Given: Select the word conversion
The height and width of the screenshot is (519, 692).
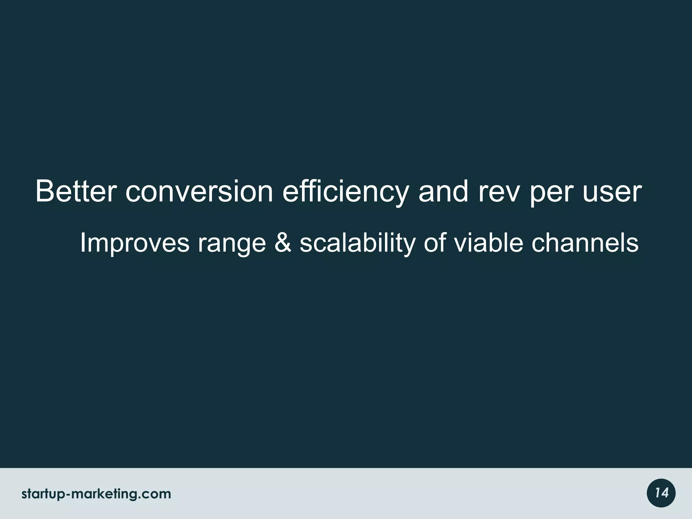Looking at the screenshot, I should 199,192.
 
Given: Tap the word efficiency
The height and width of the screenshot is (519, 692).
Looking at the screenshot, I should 345,192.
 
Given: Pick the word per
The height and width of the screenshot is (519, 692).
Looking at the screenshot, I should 550,192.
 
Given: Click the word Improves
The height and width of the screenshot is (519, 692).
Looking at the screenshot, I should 134,243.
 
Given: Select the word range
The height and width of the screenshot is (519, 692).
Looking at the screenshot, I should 232,243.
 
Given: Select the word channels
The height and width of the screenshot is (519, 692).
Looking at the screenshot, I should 585,243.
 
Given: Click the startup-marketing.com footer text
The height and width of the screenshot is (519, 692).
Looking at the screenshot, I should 96,494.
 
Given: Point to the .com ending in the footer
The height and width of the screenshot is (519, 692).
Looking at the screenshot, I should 156,494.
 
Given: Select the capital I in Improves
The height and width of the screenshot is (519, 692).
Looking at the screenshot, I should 82,243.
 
